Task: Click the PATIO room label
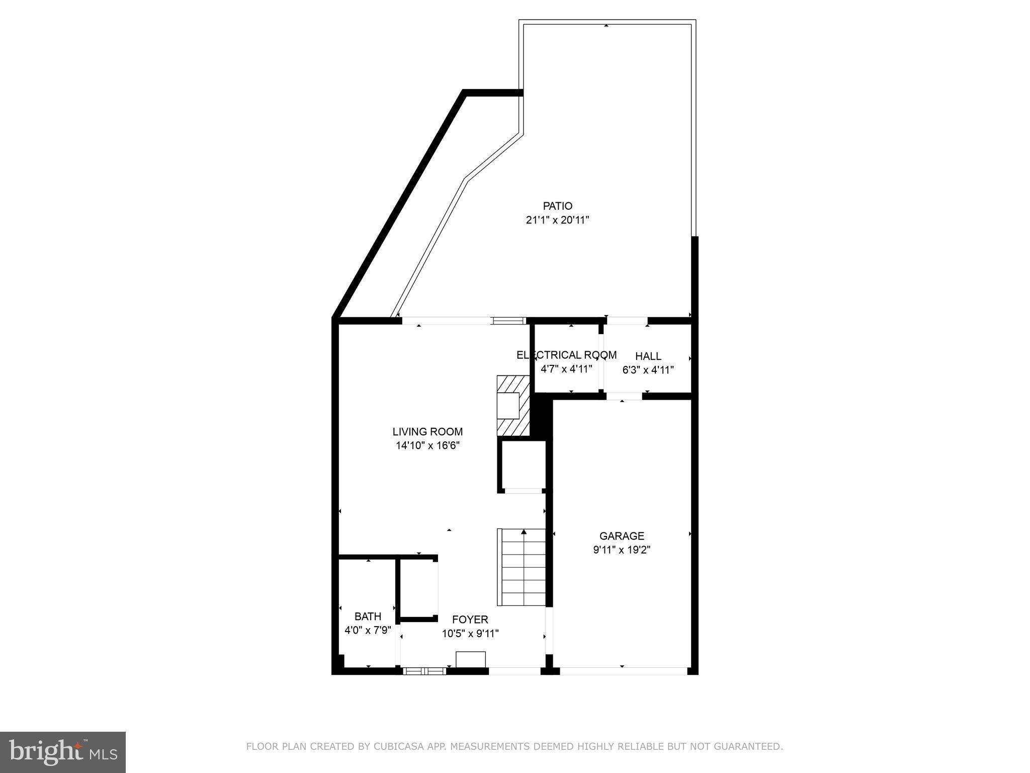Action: tap(557, 206)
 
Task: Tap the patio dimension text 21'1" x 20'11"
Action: tap(557, 220)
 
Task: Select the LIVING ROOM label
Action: tap(427, 431)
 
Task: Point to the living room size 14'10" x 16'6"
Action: tap(427, 445)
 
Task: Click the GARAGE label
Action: tap(622, 536)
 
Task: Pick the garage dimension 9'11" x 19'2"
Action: tap(622, 550)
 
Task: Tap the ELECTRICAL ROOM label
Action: tap(566, 355)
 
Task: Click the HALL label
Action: tap(648, 356)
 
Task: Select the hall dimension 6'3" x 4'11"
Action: tap(648, 370)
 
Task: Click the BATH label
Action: tap(368, 616)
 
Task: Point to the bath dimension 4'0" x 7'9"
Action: tap(368, 630)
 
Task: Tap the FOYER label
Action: tap(470, 620)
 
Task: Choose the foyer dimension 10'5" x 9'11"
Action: tap(470, 634)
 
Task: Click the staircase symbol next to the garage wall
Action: tap(522, 567)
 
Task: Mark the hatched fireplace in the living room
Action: tap(513, 406)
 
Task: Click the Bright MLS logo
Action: tap(63, 752)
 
